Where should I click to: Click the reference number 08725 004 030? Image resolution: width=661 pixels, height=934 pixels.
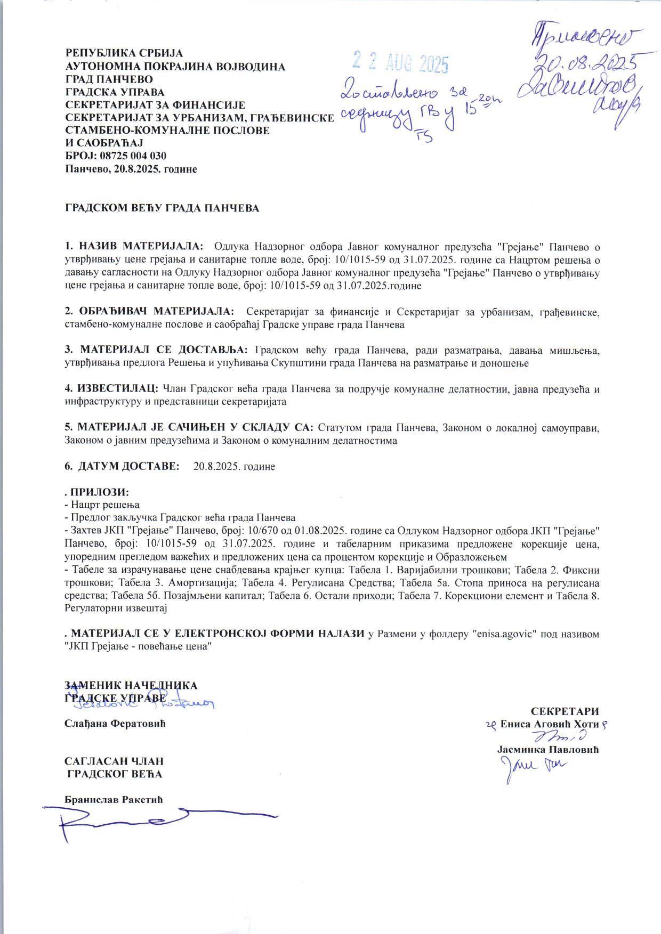[133, 156]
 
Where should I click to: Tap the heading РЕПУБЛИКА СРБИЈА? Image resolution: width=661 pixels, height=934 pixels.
[124, 53]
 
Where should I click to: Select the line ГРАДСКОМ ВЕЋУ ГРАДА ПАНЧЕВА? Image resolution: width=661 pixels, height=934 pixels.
[162, 208]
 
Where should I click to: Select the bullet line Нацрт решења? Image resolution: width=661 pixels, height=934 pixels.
[104, 505]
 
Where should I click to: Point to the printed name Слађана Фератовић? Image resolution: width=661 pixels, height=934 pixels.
[115, 724]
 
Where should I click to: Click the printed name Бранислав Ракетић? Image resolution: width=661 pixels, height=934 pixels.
[114, 800]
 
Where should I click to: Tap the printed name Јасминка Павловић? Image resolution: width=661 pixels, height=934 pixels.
[548, 750]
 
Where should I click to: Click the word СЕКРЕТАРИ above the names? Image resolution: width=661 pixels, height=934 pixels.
[565, 711]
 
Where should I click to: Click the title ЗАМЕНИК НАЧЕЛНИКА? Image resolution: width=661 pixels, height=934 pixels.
[131, 685]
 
